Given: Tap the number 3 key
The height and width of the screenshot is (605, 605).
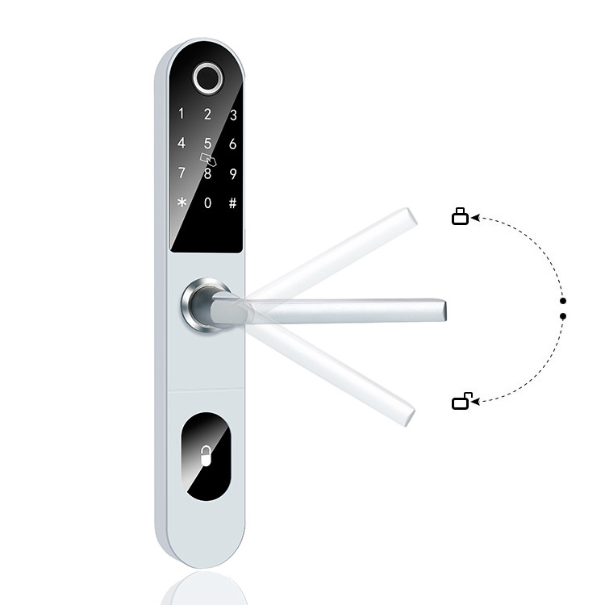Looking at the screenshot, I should (233, 115).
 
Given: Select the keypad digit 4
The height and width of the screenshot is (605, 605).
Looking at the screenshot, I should (181, 144).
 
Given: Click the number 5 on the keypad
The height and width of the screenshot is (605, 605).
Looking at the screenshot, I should (207, 144).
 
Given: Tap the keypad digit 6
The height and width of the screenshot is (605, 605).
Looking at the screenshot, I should (233, 144).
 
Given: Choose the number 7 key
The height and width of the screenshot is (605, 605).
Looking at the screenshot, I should (181, 173).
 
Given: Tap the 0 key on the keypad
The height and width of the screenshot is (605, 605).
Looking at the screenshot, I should (207, 203).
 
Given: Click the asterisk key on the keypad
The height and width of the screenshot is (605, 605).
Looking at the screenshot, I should (181, 203).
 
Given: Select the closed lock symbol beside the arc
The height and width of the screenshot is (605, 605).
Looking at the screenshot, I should (460, 216).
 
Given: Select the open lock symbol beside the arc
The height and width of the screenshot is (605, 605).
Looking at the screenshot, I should (461, 400).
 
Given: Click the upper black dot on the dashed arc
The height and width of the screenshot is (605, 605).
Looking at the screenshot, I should (562, 300).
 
